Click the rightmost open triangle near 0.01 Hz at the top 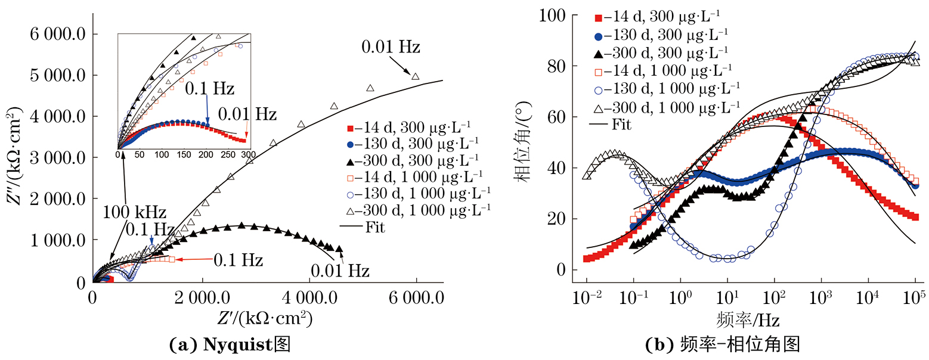[x=416, y=76]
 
